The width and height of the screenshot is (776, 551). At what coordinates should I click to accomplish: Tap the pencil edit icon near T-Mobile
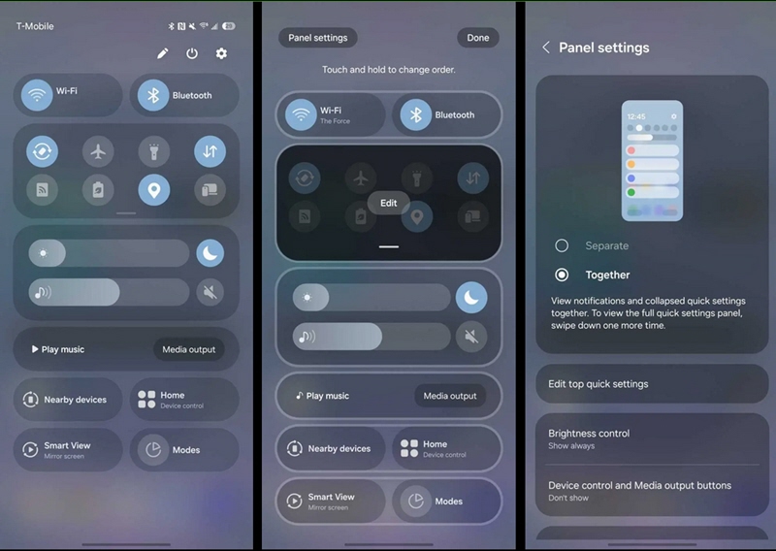click(162, 53)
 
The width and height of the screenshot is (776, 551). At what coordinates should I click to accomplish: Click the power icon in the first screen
click(192, 53)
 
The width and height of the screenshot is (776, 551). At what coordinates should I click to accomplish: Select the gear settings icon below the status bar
click(221, 53)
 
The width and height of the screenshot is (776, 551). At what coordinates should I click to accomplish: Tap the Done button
click(477, 38)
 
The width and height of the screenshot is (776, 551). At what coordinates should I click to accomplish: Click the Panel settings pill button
click(318, 38)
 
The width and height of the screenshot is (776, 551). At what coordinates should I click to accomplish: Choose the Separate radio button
click(562, 245)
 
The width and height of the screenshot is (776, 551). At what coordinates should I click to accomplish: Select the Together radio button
click(562, 275)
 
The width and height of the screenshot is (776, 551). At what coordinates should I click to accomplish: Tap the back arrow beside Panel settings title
click(546, 48)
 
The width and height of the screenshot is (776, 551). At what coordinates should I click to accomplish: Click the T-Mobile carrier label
click(35, 26)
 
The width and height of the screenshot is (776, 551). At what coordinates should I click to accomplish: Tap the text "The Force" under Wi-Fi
click(335, 121)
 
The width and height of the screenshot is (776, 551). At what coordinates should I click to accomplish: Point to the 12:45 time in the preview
click(636, 116)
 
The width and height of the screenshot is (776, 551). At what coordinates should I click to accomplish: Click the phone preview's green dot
click(631, 192)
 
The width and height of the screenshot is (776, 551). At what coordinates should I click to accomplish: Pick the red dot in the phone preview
click(631, 150)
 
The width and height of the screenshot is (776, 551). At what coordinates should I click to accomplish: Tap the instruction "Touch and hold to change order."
click(389, 70)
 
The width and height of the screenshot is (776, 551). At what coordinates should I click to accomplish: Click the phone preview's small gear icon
click(673, 116)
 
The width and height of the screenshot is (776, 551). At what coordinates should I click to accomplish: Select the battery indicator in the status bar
click(229, 26)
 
